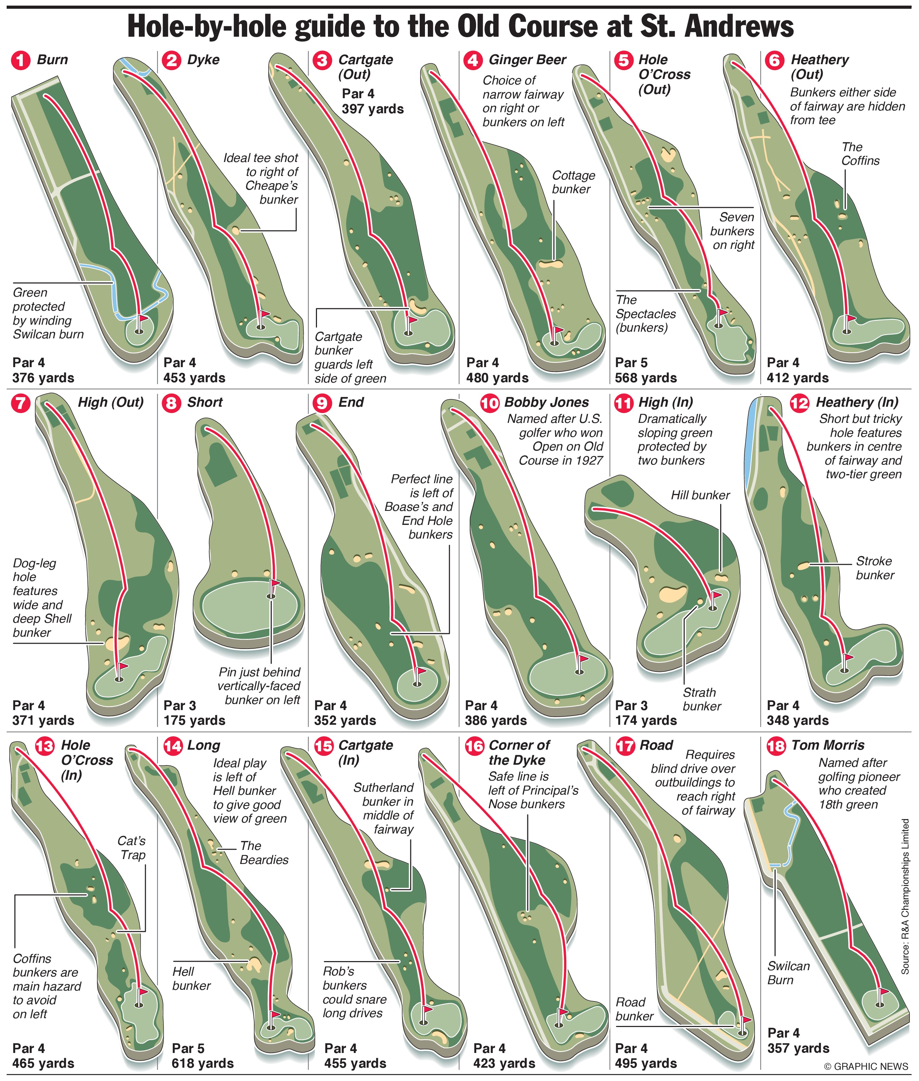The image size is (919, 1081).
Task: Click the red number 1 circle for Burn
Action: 21,60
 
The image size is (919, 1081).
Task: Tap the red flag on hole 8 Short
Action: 275,583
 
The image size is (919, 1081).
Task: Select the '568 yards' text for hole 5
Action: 646,378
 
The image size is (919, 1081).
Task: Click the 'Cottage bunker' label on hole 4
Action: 573,182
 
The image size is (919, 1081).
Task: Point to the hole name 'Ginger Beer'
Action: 527,60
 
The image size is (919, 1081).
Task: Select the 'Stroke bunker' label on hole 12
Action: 875,568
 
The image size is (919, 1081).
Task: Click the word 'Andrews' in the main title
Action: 739,26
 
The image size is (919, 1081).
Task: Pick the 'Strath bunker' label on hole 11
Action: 701,699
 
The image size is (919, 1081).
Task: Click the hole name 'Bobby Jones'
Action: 547,402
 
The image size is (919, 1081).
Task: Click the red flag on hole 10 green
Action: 583,659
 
